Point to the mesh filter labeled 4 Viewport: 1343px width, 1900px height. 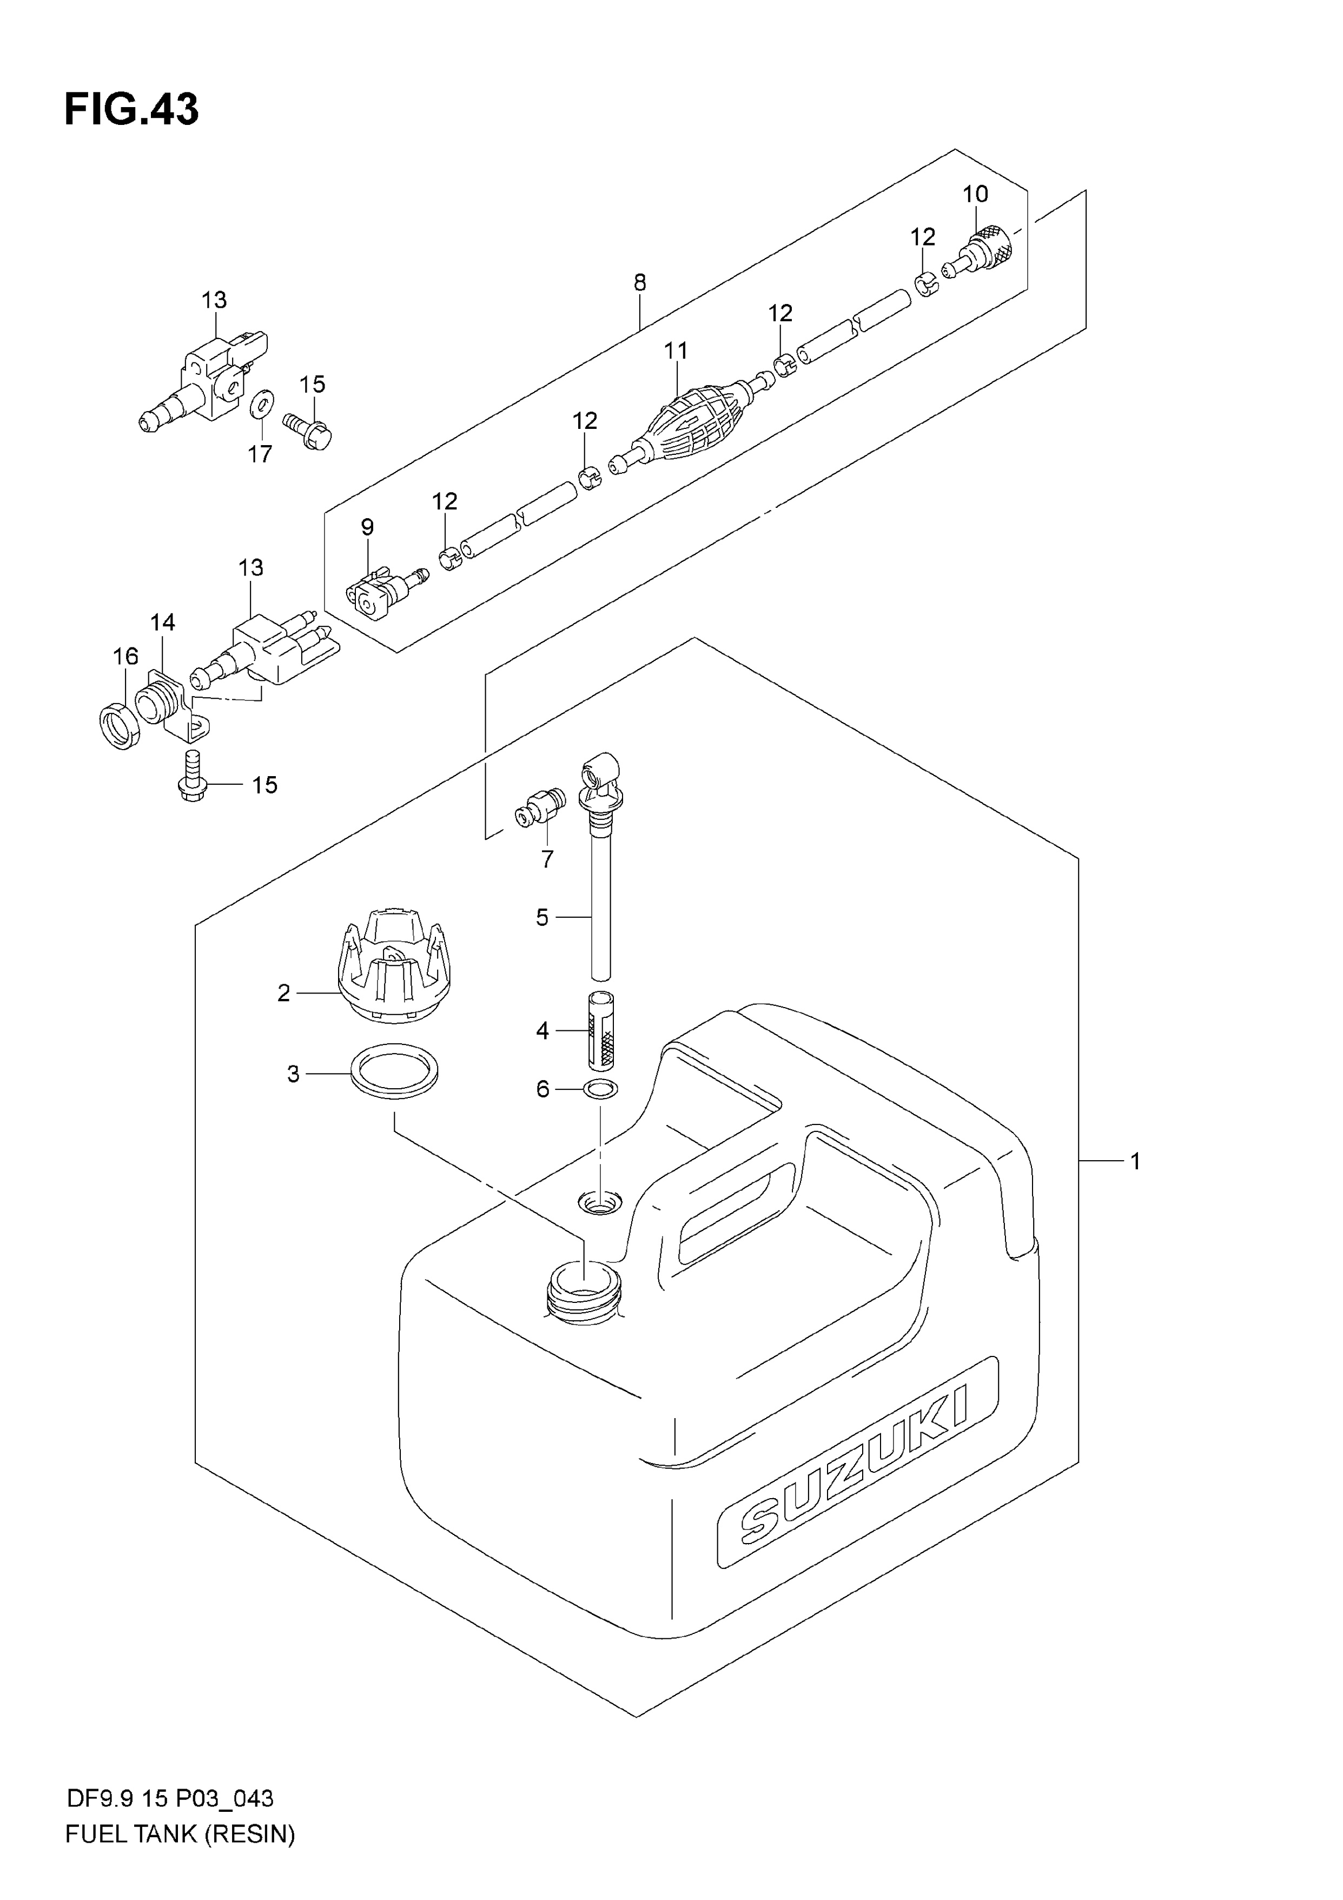click(x=601, y=1030)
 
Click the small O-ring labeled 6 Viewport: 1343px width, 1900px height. click(x=601, y=1089)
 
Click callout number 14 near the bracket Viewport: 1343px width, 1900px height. click(x=163, y=623)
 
